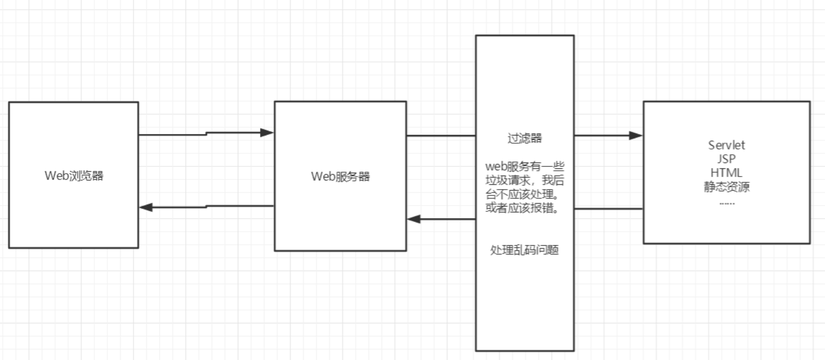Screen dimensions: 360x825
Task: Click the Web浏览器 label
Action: (74, 176)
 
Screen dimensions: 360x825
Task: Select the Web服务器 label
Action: (340, 177)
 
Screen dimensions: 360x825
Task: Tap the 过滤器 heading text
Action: (525, 138)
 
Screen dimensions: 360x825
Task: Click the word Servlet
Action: (726, 145)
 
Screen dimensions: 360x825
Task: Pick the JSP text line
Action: (726, 159)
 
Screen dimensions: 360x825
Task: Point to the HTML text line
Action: (726, 173)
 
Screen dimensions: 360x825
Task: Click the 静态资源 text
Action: (726, 187)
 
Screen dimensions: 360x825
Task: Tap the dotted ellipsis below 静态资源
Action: (727, 204)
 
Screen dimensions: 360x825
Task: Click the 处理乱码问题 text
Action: (525, 250)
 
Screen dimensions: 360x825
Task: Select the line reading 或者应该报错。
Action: (523, 209)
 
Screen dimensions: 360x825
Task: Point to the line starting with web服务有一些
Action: (525, 166)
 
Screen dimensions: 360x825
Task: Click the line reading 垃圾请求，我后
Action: (525, 180)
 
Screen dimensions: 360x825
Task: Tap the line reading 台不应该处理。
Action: (523, 195)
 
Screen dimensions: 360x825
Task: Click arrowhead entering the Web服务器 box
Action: (267, 133)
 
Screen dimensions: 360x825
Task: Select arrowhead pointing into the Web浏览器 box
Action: (146, 208)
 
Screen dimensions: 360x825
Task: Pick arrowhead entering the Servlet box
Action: (636, 135)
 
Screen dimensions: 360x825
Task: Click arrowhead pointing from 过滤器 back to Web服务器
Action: (413, 219)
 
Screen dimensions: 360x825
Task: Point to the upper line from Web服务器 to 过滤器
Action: (441, 136)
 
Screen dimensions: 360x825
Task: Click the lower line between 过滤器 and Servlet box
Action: (609, 209)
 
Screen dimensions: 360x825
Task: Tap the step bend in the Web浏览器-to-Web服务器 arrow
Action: (207, 134)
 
